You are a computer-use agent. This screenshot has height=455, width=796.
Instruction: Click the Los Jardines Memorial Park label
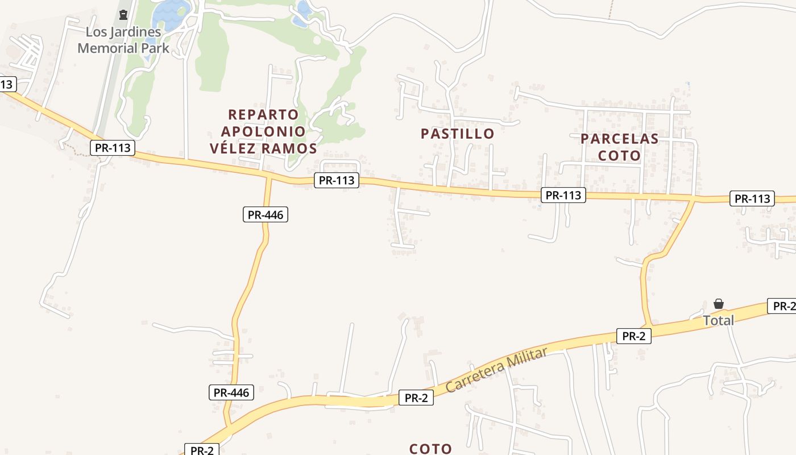[x=123, y=40]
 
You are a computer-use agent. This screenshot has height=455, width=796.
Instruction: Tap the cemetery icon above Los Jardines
[x=123, y=14]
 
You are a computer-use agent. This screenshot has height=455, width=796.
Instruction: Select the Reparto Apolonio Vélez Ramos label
[x=263, y=131]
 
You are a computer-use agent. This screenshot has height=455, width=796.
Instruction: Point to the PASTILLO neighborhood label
[x=457, y=134]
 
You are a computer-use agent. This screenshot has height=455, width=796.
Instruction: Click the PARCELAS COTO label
[x=619, y=147]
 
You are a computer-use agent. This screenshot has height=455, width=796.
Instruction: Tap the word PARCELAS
[x=619, y=139]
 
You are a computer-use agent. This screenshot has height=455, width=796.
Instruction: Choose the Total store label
[x=719, y=320]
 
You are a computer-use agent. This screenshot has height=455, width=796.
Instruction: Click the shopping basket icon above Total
[x=719, y=304]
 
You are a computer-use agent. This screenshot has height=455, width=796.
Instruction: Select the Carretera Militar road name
[x=497, y=369]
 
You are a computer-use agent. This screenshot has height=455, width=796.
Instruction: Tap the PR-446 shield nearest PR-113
[x=266, y=214]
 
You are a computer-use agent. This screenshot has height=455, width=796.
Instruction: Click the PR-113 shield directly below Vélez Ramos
[x=337, y=180]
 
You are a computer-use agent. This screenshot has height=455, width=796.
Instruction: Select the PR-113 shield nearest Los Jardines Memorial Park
[x=113, y=148]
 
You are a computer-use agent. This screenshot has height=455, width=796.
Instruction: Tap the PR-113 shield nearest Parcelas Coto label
[x=563, y=195]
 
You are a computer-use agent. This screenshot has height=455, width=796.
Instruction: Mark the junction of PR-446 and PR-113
[x=268, y=178]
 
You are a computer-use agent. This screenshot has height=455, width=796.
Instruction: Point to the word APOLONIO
[x=263, y=131]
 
